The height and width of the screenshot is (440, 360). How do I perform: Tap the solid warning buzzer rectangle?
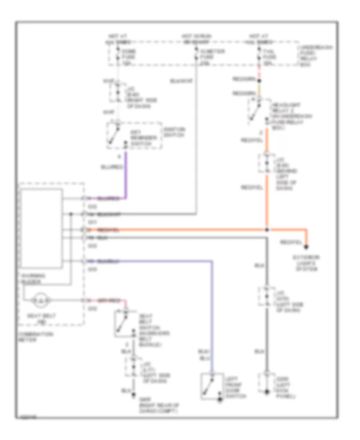click(42, 228)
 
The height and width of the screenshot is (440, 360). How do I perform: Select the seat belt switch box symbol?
click(124, 323)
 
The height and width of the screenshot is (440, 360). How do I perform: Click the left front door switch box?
click(213, 386)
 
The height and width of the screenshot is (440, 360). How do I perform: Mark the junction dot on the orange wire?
click(266, 230)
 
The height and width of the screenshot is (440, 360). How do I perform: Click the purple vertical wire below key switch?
click(127, 176)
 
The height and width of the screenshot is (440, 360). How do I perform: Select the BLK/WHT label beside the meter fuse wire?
click(182, 81)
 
